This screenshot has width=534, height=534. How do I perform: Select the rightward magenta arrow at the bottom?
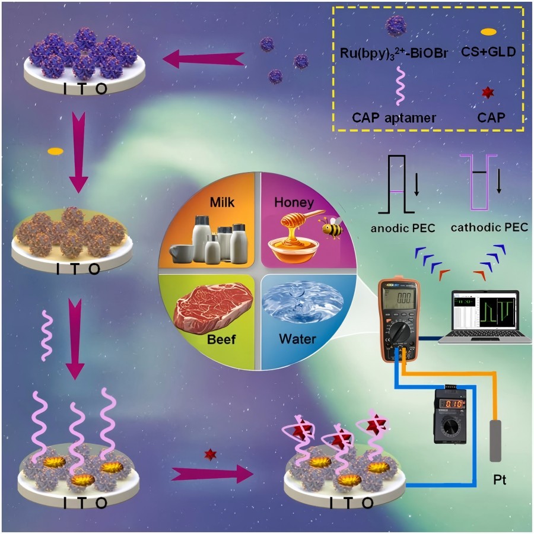click(210, 474)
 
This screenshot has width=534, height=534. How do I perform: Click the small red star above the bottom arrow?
click(209, 454)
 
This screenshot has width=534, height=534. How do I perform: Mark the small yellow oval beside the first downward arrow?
click(55, 151)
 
